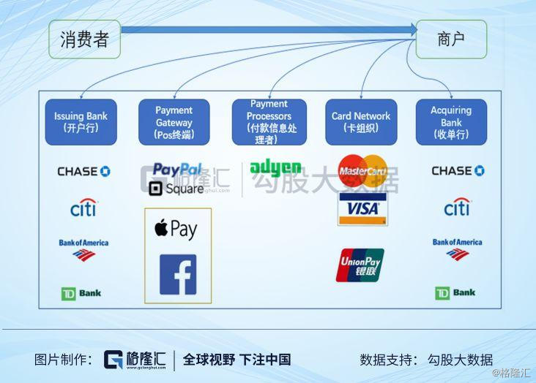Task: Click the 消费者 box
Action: [x=84, y=39]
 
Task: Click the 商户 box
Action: [x=451, y=39]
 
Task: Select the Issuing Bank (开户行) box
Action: [x=81, y=122]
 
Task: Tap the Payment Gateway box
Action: [x=174, y=122]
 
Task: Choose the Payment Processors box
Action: [x=268, y=122]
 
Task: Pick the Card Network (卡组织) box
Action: [x=361, y=122]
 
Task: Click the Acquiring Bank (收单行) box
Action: [x=451, y=122]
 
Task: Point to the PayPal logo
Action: [x=177, y=170]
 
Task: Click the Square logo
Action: [x=176, y=189]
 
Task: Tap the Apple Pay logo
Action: [x=176, y=229]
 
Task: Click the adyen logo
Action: [x=275, y=168]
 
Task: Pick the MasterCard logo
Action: [x=362, y=171]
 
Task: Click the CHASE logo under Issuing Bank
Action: [x=83, y=171]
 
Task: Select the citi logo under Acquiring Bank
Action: [x=457, y=208]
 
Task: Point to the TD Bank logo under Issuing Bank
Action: [x=81, y=293]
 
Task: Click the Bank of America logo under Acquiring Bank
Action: [x=457, y=249]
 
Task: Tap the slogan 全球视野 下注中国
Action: [x=237, y=360]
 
